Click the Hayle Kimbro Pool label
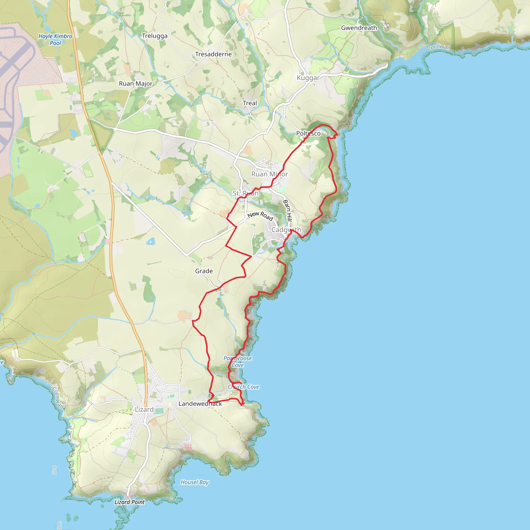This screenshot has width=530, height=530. tap(55, 40)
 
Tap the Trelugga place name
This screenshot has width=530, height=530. tap(154, 36)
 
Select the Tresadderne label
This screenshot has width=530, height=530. tap(214, 54)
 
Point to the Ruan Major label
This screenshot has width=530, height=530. tap(136, 84)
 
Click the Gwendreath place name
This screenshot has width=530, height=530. tap(359, 28)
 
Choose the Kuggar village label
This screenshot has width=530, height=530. tap(308, 78)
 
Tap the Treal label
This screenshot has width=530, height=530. tap(250, 103)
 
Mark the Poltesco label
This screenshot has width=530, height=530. tap(308, 134)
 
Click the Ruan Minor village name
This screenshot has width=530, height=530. tap(269, 174)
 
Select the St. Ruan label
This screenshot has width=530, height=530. tap(245, 193)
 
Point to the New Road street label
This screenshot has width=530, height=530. tap(260, 216)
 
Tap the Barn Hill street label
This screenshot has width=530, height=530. tap(288, 211)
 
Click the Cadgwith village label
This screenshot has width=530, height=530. tap(286, 230)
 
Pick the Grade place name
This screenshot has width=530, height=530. tap(204, 271)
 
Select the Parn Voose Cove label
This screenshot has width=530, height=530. tap(238, 362)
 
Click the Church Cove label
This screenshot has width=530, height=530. tap(244, 387)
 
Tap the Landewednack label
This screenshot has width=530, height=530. tap(200, 404)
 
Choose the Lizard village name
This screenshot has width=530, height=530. tap(144, 410)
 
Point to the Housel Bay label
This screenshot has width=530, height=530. tap(195, 482)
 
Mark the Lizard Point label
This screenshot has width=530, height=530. tap(129, 502)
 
